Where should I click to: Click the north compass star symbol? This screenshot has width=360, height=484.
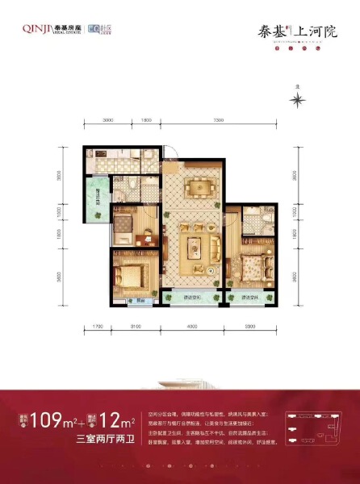(299, 99)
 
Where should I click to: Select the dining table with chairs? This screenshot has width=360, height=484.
(196, 190)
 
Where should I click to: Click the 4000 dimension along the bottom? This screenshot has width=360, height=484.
(192, 327)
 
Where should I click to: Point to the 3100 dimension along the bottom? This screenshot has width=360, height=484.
(135, 327)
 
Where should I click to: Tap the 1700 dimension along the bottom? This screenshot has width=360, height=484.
(97, 327)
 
